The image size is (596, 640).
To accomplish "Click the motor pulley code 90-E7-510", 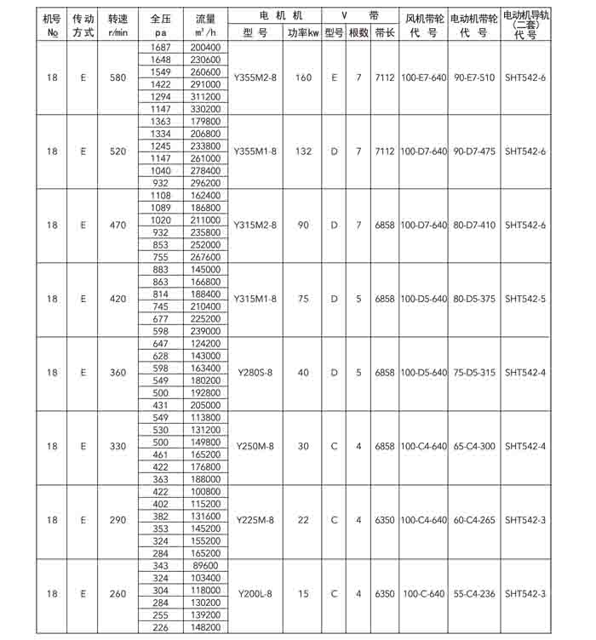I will [474, 78].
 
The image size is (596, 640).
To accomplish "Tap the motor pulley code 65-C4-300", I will [474, 446].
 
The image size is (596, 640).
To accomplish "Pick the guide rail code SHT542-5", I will [525, 299].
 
